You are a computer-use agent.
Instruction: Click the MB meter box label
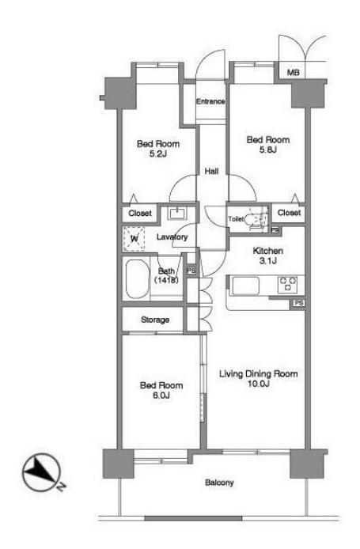click(x=293, y=73)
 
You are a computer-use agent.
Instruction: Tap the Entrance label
click(x=210, y=101)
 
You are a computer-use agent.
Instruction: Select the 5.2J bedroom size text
click(x=158, y=153)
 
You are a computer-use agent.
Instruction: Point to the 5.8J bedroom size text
click(x=268, y=150)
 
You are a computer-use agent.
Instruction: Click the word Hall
click(x=211, y=171)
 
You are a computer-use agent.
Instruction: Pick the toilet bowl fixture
click(x=254, y=220)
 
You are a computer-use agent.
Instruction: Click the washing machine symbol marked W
click(x=134, y=239)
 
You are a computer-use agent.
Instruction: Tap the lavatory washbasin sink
click(x=177, y=213)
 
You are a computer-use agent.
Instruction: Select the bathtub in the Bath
click(x=136, y=278)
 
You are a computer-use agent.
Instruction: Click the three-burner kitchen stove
click(x=287, y=284)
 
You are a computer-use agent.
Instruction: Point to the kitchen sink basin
click(x=246, y=286)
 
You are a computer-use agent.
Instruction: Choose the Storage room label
click(x=155, y=320)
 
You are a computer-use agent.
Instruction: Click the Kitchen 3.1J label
click(x=268, y=256)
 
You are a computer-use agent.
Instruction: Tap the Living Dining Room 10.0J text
click(x=259, y=378)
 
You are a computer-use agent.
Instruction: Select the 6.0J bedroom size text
click(x=161, y=396)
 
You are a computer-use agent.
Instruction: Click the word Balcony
click(x=219, y=483)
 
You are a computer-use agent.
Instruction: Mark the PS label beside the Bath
click(x=191, y=271)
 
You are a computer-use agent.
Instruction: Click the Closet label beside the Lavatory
click(x=140, y=214)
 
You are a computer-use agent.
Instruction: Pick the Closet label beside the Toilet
click(x=289, y=213)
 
